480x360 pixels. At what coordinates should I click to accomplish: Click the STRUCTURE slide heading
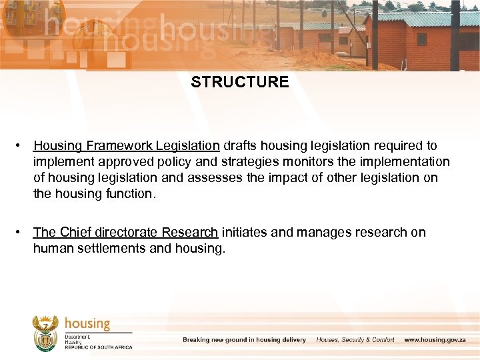click(240, 82)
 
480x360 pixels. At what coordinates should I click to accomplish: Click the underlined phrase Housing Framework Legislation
click(127, 145)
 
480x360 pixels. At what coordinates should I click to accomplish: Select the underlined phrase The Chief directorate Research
click(125, 232)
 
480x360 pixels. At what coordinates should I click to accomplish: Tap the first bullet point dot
click(23, 145)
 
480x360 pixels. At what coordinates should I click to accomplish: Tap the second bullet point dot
click(23, 232)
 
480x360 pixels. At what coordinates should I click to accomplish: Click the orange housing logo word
click(87, 324)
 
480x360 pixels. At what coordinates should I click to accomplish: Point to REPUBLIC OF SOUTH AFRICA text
click(99, 347)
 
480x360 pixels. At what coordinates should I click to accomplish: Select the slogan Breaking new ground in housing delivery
click(244, 340)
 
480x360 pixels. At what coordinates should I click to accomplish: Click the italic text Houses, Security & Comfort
click(355, 340)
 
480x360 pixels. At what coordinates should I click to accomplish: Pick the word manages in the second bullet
click(323, 232)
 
